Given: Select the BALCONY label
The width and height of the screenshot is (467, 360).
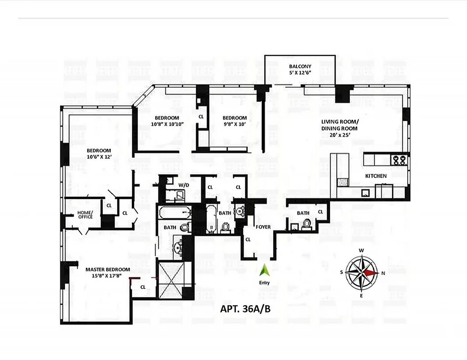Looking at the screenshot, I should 300,67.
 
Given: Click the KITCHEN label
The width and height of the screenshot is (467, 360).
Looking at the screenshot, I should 376,176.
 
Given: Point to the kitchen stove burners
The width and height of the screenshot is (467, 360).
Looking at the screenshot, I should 398,159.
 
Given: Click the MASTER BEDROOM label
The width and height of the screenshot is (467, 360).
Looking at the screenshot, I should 108,270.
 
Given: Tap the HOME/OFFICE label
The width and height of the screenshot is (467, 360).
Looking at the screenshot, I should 85,215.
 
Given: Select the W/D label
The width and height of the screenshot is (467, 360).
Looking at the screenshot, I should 183,185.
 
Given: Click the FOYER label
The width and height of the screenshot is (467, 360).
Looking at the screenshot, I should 263,227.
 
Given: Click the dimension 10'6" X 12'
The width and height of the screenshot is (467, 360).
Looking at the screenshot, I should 99,157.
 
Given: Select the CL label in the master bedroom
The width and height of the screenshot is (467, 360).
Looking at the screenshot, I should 143,287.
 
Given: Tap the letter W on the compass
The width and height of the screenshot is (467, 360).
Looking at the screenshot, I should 361,250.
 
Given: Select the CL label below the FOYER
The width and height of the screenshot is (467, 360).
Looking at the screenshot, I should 248,239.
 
